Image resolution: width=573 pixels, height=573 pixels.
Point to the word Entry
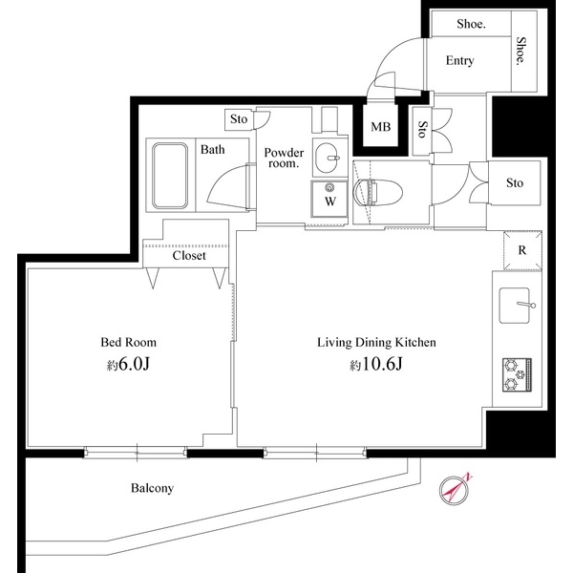point(459,61)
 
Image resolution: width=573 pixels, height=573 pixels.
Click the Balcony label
point(152,488)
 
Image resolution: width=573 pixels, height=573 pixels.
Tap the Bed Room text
point(129,342)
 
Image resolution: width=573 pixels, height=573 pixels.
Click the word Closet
point(190,256)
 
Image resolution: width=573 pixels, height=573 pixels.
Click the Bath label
point(212,149)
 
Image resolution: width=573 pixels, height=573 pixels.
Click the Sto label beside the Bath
point(239,120)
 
